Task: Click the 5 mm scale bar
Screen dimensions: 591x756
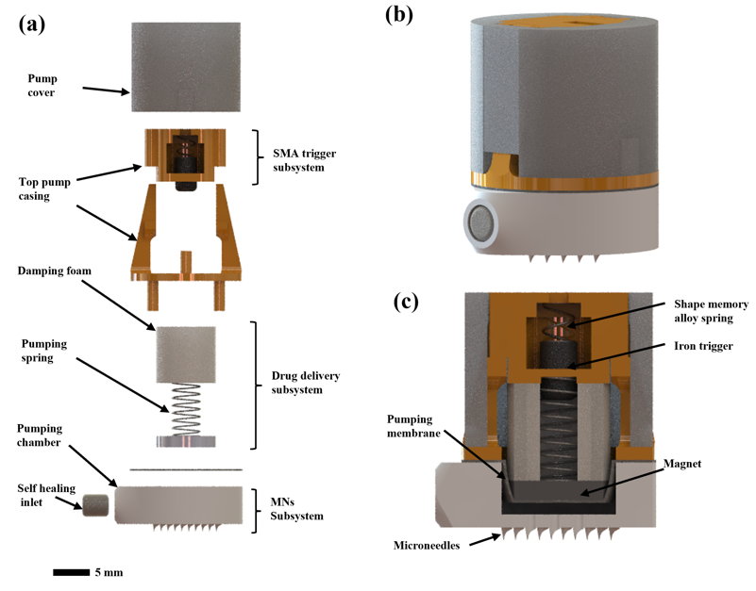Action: pos(70,572)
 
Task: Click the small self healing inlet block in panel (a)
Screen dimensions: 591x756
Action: pos(95,505)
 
